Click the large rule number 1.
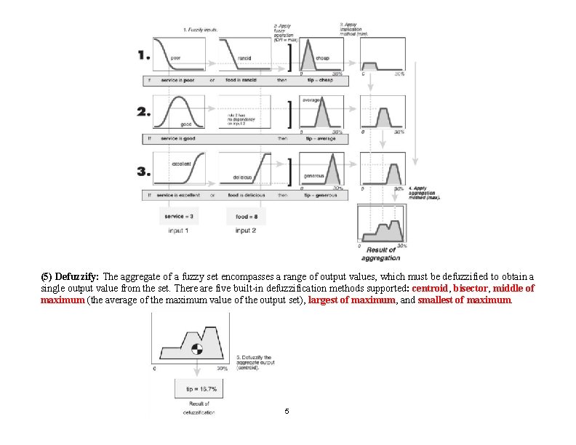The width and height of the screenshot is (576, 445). click(143, 55)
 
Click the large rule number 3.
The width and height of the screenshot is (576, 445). click(143, 172)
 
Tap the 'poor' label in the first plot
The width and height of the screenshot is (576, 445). click(176, 58)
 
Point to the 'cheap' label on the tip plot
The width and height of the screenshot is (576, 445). click(322, 58)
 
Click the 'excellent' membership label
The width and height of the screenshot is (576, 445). click(182, 164)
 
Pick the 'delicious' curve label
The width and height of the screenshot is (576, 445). click(242, 177)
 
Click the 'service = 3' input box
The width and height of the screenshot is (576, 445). click(179, 216)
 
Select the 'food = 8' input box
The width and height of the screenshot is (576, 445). click(246, 216)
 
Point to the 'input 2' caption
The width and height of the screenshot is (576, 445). click(246, 230)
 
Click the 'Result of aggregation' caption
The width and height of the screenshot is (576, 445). click(380, 254)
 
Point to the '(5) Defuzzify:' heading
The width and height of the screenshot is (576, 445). click(71, 277)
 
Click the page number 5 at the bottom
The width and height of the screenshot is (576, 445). click(287, 412)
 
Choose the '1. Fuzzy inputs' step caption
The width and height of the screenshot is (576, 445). click(201, 29)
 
